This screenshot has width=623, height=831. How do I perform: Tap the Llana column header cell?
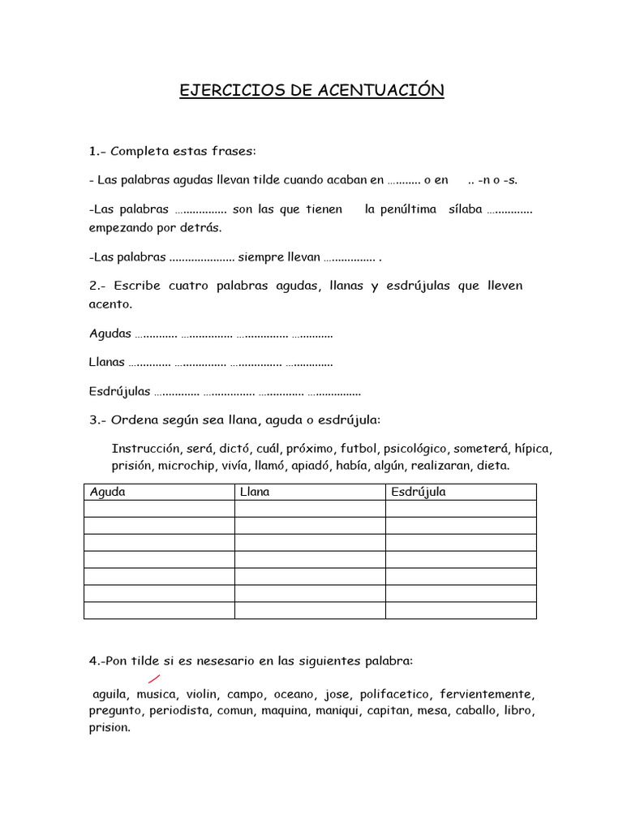256,492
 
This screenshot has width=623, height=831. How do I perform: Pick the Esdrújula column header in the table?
419,492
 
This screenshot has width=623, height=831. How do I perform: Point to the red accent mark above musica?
153,678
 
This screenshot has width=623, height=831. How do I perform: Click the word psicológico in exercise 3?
415,449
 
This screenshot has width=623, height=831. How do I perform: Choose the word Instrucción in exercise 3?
145,449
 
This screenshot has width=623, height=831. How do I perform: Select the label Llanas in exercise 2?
107,362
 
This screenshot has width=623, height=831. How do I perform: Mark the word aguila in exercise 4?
110,695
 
